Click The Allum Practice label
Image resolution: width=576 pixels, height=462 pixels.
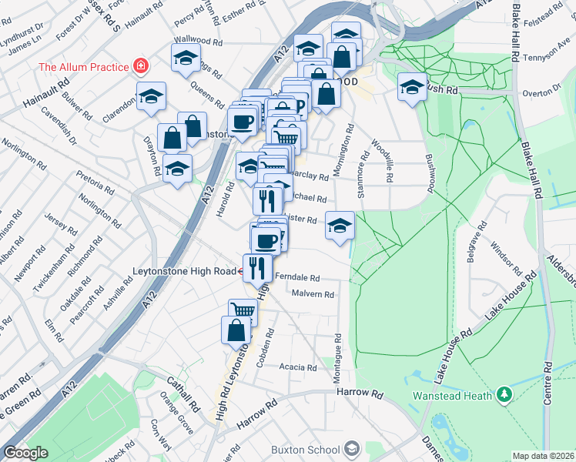(84, 66)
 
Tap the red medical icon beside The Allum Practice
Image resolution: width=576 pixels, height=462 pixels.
(140, 66)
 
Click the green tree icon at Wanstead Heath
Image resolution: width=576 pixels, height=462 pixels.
(504, 395)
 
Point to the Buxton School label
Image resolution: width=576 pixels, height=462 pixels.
(306, 450)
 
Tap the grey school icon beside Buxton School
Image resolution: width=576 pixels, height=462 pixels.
(352, 449)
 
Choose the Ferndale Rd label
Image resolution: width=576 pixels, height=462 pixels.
(296, 276)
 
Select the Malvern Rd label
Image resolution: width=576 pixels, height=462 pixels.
(313, 294)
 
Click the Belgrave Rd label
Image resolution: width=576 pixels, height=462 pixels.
(477, 239)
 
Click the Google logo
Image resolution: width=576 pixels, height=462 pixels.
(25, 453)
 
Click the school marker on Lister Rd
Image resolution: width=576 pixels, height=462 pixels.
(340, 225)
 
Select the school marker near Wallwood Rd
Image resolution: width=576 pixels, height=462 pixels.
(186, 59)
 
